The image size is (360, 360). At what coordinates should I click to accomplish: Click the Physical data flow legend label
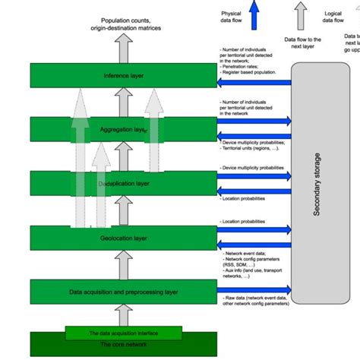coord(231,18)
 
